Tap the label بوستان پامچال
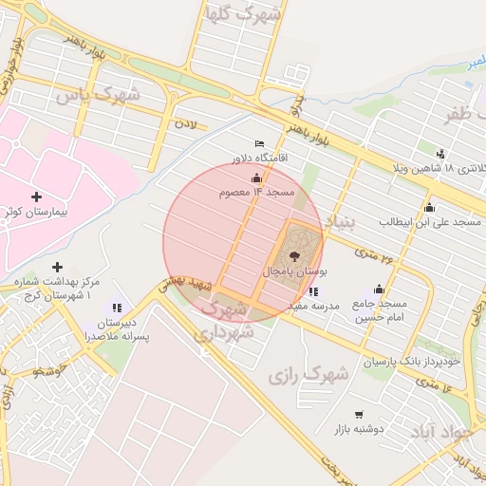coord(294,272)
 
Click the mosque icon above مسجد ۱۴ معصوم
coord(255,178)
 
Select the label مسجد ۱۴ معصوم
coord(257,193)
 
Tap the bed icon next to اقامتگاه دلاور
coord(260,143)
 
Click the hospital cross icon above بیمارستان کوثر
coord(36,196)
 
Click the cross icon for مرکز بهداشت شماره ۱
coord(58,268)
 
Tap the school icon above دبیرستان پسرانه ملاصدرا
coord(117,308)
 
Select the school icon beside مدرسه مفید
coord(314,291)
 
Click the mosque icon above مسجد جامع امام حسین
coord(380,290)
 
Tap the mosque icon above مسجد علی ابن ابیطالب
coord(429,208)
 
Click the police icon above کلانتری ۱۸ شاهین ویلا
coord(440,154)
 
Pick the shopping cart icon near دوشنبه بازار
coord(359,415)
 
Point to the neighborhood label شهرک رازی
coord(308,374)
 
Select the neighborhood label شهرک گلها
coord(243,14)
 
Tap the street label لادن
coord(184,123)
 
